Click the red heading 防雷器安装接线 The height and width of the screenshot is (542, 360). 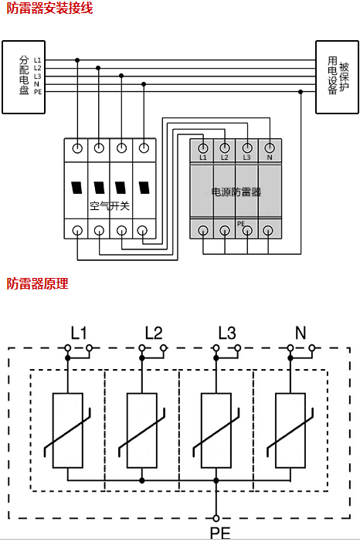click(x=49, y=8)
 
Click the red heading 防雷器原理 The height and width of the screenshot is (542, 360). click(x=37, y=283)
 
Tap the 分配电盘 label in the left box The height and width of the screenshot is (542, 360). click(x=24, y=75)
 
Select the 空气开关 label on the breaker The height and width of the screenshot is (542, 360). click(x=109, y=206)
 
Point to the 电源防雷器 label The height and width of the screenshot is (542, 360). click(x=236, y=192)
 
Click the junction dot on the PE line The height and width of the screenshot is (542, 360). click(x=301, y=92)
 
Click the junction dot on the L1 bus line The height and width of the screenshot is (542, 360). click(x=77, y=60)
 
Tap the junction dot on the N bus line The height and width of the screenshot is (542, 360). click(x=144, y=84)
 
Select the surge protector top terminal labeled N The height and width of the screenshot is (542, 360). click(x=270, y=148)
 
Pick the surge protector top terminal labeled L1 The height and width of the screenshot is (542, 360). click(x=203, y=148)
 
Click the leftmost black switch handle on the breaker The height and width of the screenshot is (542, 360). click(x=77, y=188)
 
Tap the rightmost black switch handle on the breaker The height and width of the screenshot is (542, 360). click(x=144, y=188)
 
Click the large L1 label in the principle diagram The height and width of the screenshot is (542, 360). click(x=79, y=333)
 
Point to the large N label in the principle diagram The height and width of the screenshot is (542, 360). click(x=301, y=333)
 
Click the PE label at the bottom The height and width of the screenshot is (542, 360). click(x=220, y=533)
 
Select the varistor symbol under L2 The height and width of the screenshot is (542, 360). click(x=142, y=430)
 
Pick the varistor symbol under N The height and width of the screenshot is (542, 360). click(x=290, y=430)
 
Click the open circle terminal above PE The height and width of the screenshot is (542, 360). click(x=216, y=518)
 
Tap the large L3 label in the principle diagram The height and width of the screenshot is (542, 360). click(x=227, y=333)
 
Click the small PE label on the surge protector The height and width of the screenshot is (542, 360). click(x=241, y=224)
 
